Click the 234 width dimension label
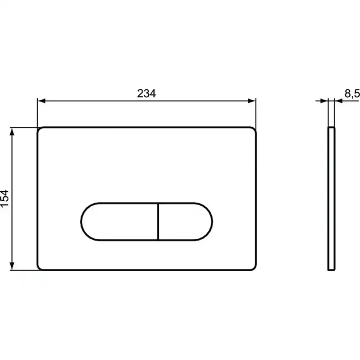tap(146, 94)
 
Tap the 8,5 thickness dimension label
tap(352, 94)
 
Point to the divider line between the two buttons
tap(158, 222)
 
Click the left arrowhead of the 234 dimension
tap(41, 101)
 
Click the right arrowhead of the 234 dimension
tap(252, 101)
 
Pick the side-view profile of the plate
tap(331, 198)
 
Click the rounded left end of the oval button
tap(83, 222)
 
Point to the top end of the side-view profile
tap(331, 128)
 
